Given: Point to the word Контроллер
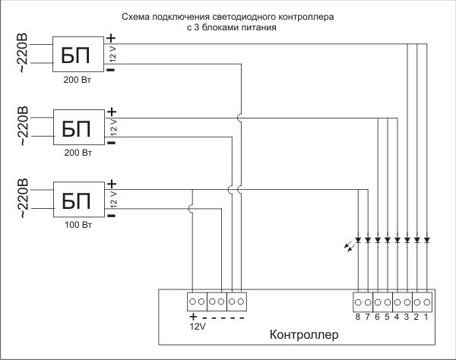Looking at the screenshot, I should click(x=304, y=335).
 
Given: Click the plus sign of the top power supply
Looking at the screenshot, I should click(x=111, y=38).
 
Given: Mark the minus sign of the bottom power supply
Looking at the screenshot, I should click(x=111, y=216).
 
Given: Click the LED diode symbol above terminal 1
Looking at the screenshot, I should click(x=427, y=240).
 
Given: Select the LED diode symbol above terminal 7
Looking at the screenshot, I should click(x=368, y=240).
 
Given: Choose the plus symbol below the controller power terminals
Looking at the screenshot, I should click(x=193, y=316).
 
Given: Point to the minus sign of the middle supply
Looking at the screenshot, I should click(x=111, y=143).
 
